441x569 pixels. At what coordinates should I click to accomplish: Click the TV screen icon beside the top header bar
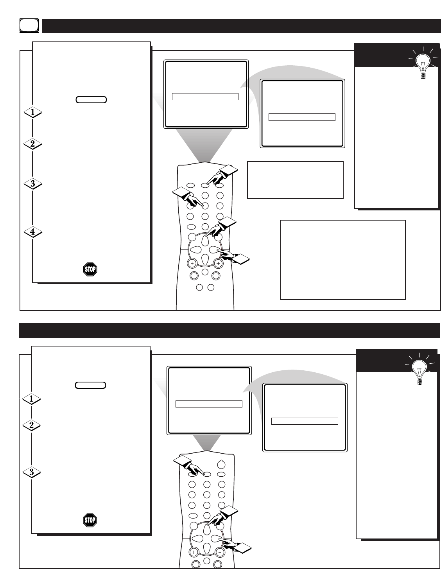(29, 25)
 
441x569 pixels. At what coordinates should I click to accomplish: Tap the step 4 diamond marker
(33, 232)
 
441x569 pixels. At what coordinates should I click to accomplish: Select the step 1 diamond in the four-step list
(33, 113)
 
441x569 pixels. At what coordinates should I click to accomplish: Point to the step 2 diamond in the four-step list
(33, 144)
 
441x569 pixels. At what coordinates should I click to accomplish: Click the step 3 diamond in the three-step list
(32, 472)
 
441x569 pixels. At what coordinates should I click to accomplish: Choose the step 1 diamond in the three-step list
(31, 399)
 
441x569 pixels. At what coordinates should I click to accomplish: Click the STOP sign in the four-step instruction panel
(90, 269)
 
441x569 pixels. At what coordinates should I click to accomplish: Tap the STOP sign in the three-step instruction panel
(90, 520)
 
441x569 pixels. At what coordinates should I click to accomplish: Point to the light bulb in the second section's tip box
(419, 370)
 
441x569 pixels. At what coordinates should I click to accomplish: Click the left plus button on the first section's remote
(192, 264)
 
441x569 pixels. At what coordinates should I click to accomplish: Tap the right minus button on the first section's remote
(216, 276)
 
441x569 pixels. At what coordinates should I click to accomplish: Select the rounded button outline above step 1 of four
(91, 100)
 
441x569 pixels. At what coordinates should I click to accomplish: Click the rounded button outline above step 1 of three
(91, 385)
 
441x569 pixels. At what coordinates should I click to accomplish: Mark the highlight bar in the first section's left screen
(205, 97)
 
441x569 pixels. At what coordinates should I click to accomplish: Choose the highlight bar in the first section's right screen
(302, 117)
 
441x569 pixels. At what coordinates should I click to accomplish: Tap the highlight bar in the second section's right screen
(305, 421)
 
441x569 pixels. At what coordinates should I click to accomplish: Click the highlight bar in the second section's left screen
(209, 404)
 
